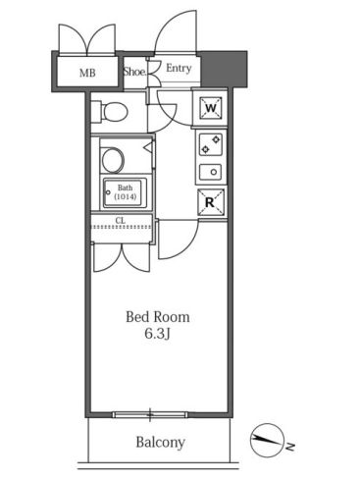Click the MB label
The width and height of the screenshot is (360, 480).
pos(87,73)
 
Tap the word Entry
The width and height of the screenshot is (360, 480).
pos(179,68)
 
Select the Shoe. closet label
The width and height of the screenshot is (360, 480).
pos(134,72)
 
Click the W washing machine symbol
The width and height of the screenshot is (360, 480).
pos(211,108)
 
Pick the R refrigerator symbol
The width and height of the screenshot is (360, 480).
pos(211,202)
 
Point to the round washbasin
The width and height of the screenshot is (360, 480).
pos(113,160)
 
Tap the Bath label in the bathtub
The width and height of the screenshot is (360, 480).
pos(125,187)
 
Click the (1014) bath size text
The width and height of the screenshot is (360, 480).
pos(126,197)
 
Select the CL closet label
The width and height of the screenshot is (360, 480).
pos(121,221)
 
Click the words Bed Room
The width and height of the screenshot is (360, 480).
pos(158,317)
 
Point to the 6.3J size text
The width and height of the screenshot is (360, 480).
pos(157,334)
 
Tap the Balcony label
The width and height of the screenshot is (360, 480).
pos(160,443)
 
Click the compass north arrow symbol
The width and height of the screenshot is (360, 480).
pos(266,441)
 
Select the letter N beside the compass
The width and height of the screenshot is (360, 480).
pos(290,447)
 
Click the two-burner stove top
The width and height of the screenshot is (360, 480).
pos(211,144)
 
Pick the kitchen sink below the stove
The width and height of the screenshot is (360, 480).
pos(211,172)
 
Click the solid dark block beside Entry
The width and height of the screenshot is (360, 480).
pos(224,69)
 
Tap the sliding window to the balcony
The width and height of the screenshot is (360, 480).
pos(150,415)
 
